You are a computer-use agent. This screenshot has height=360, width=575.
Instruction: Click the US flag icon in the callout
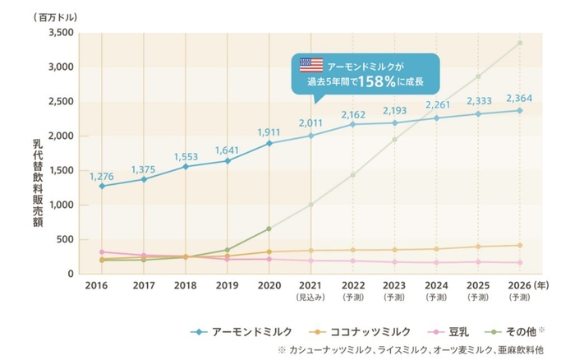click(311, 64)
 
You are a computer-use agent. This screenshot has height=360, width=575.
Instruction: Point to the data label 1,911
click(270, 132)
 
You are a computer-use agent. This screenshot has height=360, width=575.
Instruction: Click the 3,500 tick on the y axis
click(62, 33)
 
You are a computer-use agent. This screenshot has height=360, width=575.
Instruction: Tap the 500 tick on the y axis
click(67, 239)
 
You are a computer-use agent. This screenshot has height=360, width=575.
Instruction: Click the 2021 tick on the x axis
click(311, 286)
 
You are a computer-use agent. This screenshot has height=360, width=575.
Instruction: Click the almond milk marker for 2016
click(101, 186)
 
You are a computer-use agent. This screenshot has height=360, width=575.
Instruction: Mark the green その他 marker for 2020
click(270, 228)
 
